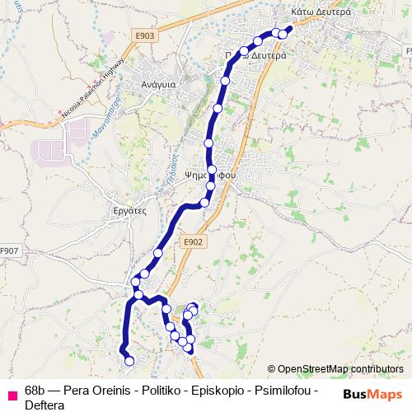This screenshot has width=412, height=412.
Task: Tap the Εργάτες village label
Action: click(x=129, y=210)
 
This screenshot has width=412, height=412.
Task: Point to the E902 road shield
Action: click(x=192, y=241)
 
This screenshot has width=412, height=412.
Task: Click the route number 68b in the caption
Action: click(x=35, y=390)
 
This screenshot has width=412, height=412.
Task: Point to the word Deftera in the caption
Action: click(x=44, y=404)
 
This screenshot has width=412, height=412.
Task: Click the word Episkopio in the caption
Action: click(x=218, y=390)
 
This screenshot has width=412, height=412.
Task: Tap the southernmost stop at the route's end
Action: click(x=129, y=360)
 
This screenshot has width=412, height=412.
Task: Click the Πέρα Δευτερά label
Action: click(x=257, y=55)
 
